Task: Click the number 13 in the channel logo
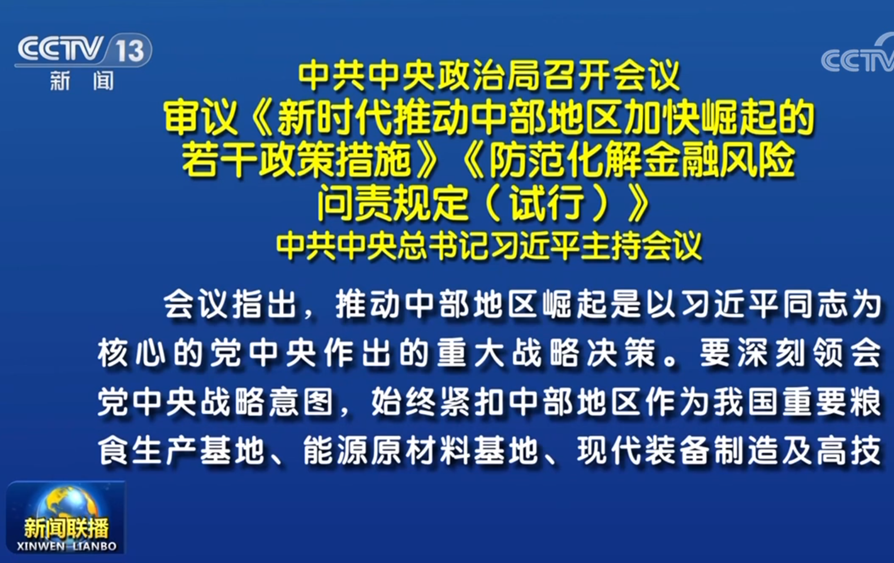129,51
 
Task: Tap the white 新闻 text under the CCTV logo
82,80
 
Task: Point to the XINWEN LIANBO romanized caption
67,546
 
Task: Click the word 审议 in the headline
200,118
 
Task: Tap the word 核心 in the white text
131,353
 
